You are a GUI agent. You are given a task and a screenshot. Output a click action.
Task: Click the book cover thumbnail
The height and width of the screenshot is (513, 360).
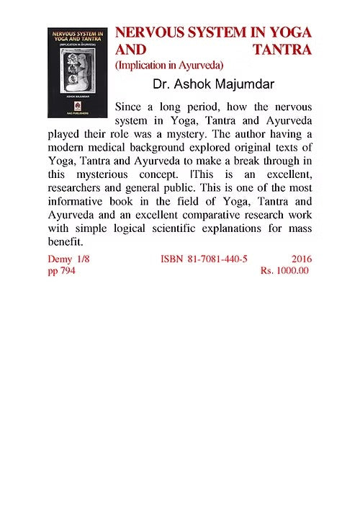point(78,73)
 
